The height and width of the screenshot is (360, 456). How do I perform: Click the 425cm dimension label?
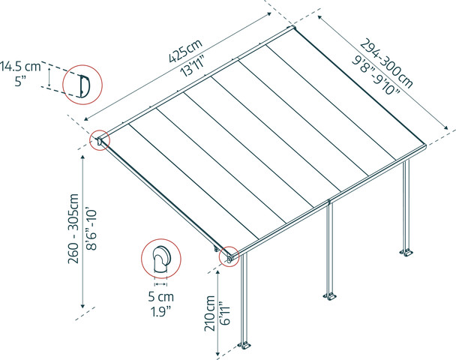coord(185,50)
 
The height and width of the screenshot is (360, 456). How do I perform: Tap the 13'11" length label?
coord(193,67)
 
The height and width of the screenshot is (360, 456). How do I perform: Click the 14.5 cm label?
coord(20,67)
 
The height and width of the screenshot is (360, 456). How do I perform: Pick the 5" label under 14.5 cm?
coord(21,81)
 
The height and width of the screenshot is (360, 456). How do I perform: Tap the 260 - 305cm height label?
coord(73,229)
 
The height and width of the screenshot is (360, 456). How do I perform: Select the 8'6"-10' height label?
coord(91,228)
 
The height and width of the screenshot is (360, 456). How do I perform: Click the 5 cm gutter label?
coord(161,297)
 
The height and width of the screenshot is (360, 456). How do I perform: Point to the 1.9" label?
coord(161,312)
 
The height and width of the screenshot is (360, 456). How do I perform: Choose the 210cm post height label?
coord(209,313)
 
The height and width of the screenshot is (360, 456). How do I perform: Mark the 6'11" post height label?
coord(225,313)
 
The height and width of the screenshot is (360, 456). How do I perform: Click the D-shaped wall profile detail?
coord(84,85)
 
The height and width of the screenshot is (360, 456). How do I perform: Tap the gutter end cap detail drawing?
coord(161,259)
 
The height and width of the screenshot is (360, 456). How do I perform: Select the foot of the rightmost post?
coord(406,253)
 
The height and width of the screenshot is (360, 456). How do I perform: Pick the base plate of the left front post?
coord(244,346)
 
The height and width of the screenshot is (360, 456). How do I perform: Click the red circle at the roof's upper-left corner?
coord(100,140)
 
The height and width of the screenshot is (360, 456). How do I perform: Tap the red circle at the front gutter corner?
coord(229,256)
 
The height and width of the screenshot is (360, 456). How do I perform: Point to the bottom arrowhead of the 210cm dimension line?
coord(217,355)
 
